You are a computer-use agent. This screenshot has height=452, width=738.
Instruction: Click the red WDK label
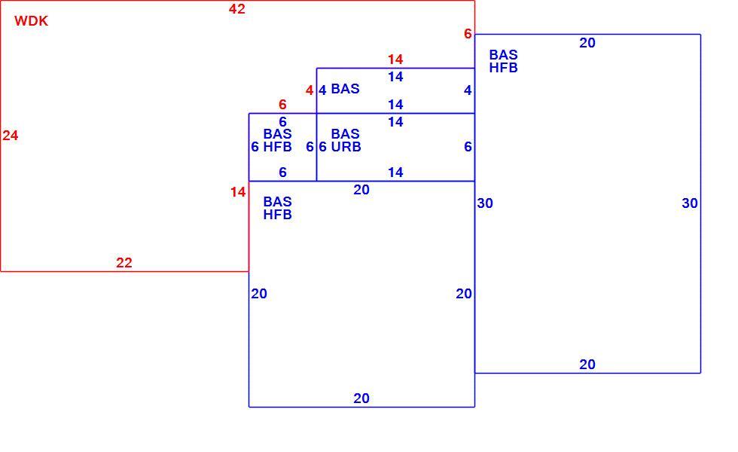[31, 21]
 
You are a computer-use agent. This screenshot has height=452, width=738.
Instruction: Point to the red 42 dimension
[236, 9]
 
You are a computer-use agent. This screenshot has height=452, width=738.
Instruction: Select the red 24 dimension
[11, 136]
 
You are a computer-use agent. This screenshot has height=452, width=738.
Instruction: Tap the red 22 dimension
[124, 263]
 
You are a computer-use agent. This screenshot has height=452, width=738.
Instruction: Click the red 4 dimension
[310, 90]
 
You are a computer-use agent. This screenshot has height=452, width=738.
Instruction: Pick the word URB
[346, 147]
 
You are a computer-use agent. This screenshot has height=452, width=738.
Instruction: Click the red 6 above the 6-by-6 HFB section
[282, 105]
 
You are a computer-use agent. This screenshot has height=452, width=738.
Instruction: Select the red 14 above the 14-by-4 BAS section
[395, 60]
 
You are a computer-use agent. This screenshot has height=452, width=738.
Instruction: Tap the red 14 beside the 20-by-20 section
[238, 192]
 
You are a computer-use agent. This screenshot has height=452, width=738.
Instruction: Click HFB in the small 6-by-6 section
[277, 147]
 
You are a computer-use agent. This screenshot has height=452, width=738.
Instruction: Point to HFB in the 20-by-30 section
[503, 68]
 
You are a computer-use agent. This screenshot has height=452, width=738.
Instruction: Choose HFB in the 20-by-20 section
[277, 215]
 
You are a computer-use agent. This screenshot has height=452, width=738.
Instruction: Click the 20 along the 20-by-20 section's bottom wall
[361, 399]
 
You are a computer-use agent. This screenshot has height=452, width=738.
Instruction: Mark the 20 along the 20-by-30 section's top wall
[587, 43]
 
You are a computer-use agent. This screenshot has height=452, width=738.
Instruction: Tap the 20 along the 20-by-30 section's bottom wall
[587, 365]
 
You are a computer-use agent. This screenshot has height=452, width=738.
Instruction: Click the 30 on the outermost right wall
[690, 203]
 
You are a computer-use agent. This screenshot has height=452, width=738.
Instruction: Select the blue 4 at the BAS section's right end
[468, 90]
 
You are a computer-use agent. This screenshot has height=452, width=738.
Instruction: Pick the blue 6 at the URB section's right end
[468, 147]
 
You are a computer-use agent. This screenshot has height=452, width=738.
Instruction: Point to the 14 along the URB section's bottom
[395, 173]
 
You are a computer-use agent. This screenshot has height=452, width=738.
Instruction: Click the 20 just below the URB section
[361, 190]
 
